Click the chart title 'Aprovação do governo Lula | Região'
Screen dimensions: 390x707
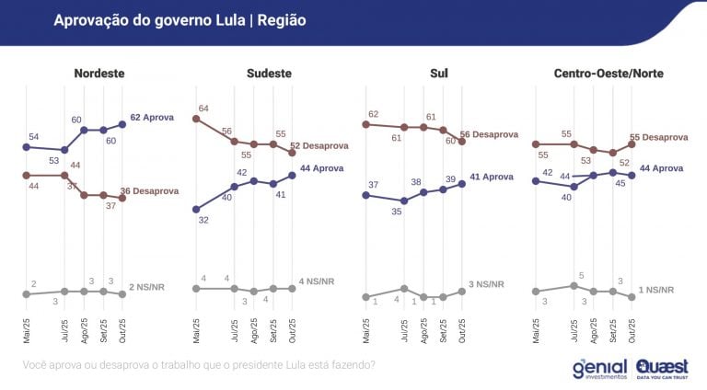point(180,19)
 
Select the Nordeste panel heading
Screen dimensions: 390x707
point(99,73)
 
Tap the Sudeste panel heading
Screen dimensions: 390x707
point(270,73)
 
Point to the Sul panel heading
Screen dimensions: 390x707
point(439,73)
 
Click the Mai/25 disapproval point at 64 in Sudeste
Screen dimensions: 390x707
point(196,119)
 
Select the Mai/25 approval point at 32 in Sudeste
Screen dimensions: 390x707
point(196,209)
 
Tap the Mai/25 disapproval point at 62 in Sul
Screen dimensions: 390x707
point(366,124)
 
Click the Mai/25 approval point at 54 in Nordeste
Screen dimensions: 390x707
point(27,146)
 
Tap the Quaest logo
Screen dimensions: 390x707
point(662,368)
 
